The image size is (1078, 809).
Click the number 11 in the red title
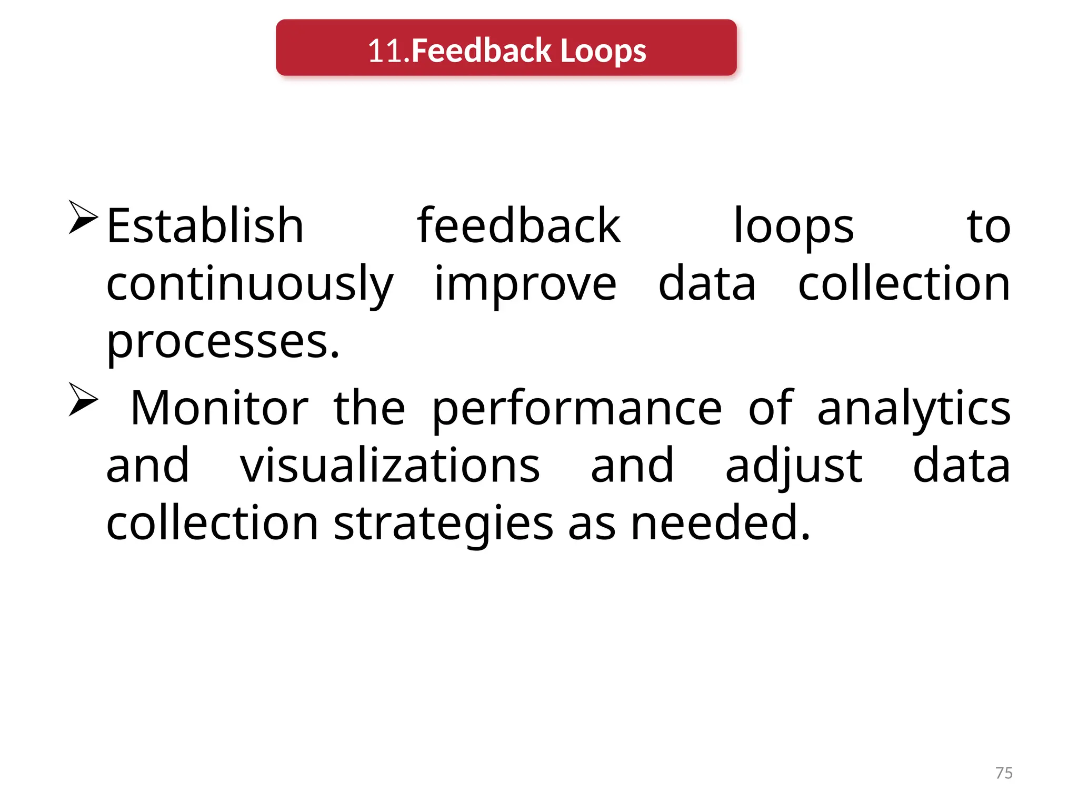pos(384,51)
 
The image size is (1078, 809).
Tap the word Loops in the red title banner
pos(603,51)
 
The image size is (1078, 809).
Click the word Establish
pos(205,226)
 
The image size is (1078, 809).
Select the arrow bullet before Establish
pos(83,217)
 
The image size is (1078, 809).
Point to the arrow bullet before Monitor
pos(83,400)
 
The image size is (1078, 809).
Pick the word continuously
pos(249,284)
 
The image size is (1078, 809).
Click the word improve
pos(525,284)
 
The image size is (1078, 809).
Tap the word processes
pos(223,342)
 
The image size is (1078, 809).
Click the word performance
pos(577,408)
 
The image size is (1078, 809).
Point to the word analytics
pos(914,408)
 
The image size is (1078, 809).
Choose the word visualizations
pos(390,466)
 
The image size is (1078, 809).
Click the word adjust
pos(794,467)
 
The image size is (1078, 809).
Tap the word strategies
pos(443,524)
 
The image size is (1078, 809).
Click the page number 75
pos(1004,773)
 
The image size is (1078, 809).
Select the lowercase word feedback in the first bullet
pos(518,226)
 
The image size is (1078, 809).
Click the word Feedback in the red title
pos(481,51)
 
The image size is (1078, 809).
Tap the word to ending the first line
pos(988,227)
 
